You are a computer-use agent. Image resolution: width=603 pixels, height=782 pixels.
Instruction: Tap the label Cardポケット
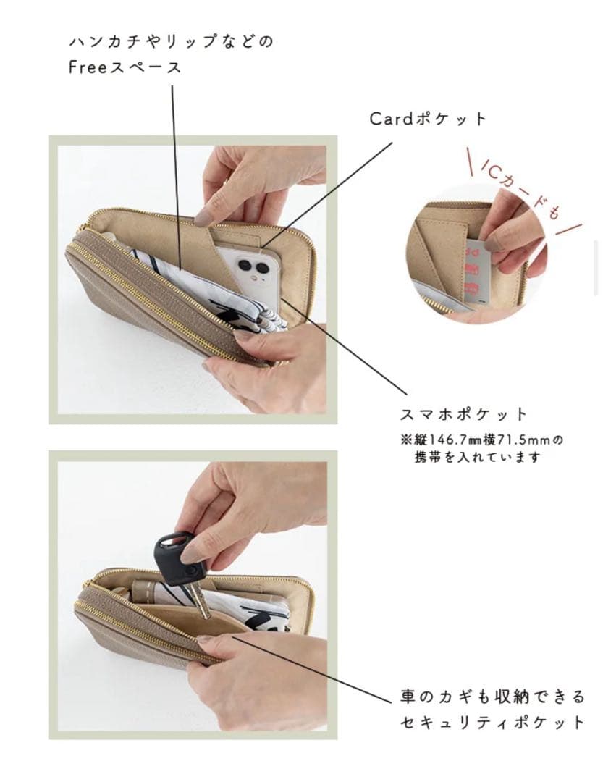(x=428, y=119)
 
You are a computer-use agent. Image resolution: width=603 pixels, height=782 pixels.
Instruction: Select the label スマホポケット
(x=463, y=415)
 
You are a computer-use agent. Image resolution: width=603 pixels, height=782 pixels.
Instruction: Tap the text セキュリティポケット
(x=492, y=722)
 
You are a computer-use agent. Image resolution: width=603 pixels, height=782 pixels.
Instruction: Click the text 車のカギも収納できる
(x=492, y=697)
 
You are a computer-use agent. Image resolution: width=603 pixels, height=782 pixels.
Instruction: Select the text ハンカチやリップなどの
(x=172, y=42)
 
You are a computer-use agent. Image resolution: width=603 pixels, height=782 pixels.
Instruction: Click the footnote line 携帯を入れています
(x=477, y=458)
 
